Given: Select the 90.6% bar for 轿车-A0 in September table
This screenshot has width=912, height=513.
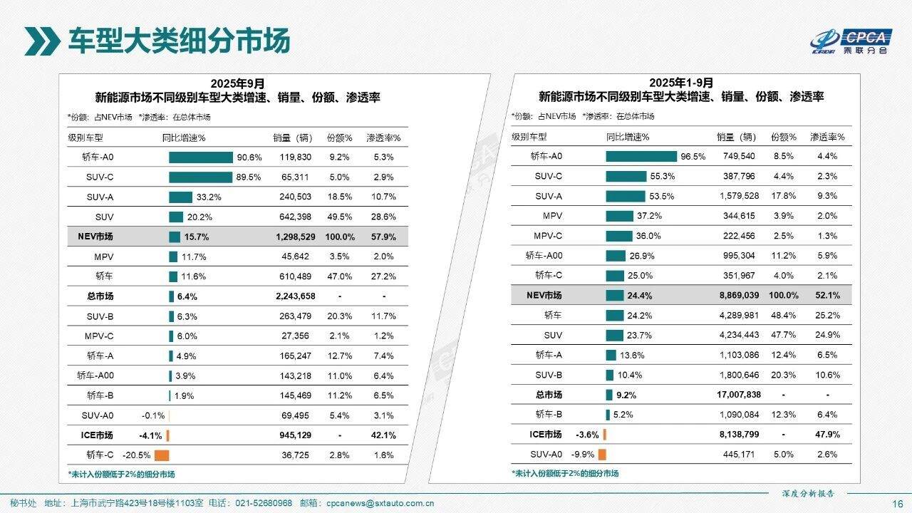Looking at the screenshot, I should coord(200,157).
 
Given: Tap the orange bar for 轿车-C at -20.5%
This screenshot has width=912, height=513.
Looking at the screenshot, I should coord(162,455).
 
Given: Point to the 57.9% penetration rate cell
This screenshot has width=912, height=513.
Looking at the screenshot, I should coord(383,237).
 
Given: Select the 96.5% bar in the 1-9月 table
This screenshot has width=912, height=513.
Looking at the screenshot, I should coord(641,156).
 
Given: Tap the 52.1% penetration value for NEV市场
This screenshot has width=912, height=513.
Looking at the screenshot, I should coord(827,295).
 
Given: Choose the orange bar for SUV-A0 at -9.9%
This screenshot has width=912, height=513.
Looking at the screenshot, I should coord(602,454).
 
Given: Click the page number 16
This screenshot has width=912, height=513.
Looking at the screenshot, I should coord(897,503).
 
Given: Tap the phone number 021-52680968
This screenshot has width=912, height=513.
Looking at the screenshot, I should coord(264,503).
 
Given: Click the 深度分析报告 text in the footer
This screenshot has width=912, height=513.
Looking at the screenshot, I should coord(807,493).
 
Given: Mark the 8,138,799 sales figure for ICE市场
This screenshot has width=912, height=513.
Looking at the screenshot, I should coord(738,434).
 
